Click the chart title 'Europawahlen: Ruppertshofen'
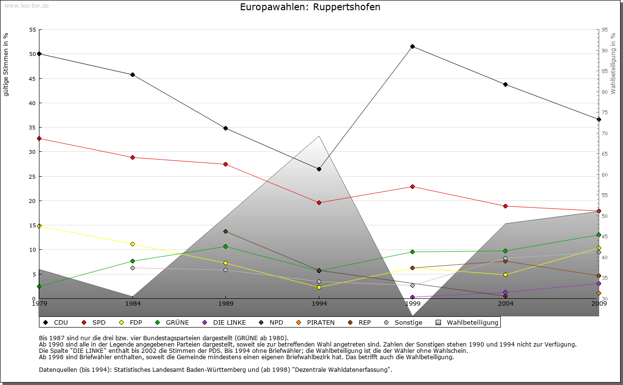[310, 7]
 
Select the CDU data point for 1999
[412, 47]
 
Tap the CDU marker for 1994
[319, 169]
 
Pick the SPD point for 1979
[39, 138]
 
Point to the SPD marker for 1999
[412, 186]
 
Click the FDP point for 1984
[132, 244]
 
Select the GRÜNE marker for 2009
[599, 235]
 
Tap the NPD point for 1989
[225, 231]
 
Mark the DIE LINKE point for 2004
[506, 292]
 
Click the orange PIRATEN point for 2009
[599, 293]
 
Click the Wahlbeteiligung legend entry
[467, 322]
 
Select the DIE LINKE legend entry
[224, 322]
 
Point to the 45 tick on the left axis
[33, 79]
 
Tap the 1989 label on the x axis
[225, 304]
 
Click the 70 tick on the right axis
[605, 133]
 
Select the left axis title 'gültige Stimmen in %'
[6, 65]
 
